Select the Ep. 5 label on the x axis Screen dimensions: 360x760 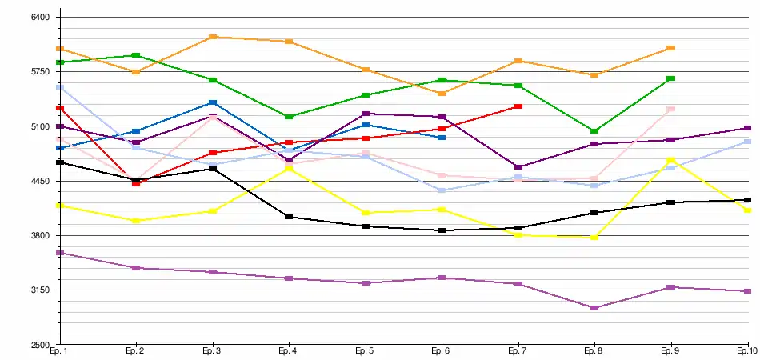364,351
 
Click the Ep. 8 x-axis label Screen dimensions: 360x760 594,351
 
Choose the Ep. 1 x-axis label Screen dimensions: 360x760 58,351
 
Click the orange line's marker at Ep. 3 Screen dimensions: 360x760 213,37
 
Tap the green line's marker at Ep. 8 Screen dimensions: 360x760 594,130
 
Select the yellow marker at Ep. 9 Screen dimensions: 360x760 671,160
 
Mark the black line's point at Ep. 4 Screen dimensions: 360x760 289,217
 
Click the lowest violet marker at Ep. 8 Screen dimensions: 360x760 594,308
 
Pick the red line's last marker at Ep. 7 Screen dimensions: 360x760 518,106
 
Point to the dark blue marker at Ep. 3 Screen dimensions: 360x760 213,102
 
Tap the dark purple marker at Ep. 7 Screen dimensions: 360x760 518,167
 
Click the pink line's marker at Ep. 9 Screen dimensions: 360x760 671,109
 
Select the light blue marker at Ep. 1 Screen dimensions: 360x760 60,86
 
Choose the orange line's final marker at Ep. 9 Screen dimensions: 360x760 671,48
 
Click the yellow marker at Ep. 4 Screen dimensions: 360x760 289,169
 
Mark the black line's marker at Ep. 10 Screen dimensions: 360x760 747,200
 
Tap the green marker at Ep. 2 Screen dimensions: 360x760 136,55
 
